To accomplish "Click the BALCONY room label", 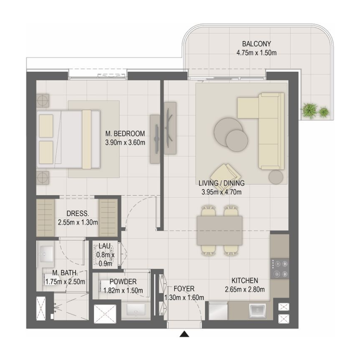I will coord(256,44).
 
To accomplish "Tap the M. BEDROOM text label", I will coord(125,134).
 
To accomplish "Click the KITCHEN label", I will coord(245,280).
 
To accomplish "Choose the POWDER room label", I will coord(120,282).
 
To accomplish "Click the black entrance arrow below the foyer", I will coord(184,334).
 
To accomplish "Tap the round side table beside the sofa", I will coord(275,177).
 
